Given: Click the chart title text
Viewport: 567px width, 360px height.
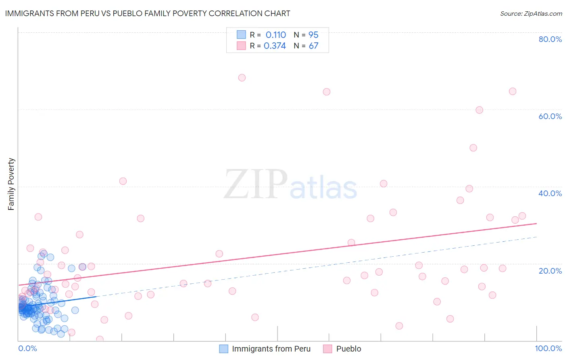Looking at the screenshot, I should point(148,13).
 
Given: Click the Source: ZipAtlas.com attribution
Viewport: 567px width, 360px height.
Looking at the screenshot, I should point(531,14).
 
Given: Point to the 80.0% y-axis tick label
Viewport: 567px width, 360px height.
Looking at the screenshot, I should point(550,39).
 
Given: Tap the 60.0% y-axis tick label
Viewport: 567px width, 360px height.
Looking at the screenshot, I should point(550,116).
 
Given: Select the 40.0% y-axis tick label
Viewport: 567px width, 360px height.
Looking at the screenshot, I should point(550,193).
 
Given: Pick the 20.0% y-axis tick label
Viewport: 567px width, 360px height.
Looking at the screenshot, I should point(550,271).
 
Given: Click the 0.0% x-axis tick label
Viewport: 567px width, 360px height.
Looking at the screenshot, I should point(27,348).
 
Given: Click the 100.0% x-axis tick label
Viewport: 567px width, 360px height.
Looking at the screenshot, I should point(548,348).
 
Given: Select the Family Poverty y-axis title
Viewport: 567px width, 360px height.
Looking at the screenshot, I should point(11,184).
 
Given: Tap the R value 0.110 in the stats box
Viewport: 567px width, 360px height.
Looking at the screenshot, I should point(275,35).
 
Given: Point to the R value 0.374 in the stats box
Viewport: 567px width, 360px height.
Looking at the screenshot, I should point(275,46).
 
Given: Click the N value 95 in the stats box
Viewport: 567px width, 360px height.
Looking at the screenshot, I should point(313,35).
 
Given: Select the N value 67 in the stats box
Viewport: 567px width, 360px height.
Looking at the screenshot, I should point(313,46).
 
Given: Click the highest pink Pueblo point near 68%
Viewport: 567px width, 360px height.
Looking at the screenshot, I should point(242,78).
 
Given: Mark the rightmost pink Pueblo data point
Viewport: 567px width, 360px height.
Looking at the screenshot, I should point(522,216).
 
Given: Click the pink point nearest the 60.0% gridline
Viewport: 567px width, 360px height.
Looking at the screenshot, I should point(479,110).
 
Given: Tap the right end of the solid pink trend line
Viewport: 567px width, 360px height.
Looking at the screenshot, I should point(536,223).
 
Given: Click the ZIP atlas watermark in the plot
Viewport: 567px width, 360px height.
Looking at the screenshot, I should point(290,185).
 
